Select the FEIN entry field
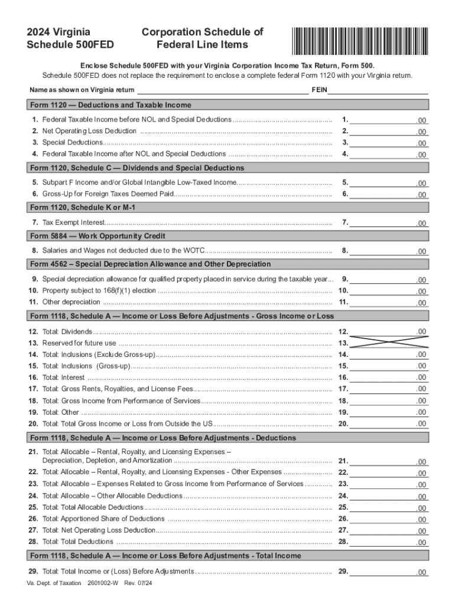click(378, 90)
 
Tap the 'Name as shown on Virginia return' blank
click(223, 90)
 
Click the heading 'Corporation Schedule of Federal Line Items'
click(202, 38)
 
